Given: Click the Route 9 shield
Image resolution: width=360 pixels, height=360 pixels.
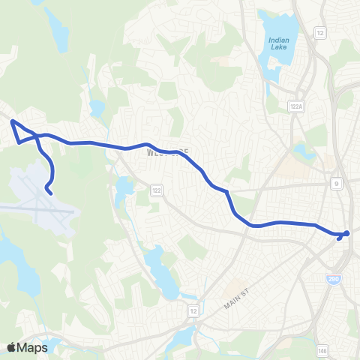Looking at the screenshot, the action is (x=337, y=182).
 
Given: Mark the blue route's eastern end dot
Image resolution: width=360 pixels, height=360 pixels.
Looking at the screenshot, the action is (x=347, y=232).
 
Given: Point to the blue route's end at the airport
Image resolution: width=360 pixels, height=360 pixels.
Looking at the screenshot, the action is (x=49, y=193).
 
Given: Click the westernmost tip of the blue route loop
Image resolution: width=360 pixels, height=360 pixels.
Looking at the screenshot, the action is (x=12, y=121).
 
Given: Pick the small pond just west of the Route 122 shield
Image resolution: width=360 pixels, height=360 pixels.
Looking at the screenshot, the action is (x=122, y=190).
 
